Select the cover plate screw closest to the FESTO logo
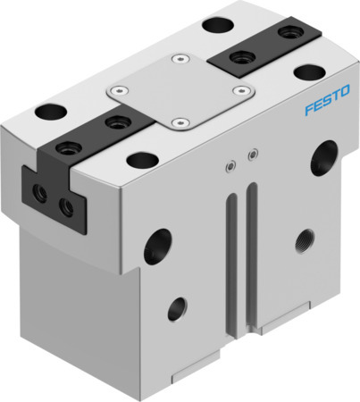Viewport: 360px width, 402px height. pyautogui.click(x=239, y=89)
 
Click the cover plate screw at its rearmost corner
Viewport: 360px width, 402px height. pyautogui.click(x=181, y=60)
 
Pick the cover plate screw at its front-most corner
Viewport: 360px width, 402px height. pyautogui.click(x=181, y=121)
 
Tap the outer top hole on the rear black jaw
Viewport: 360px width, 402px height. pyautogui.click(x=288, y=33)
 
